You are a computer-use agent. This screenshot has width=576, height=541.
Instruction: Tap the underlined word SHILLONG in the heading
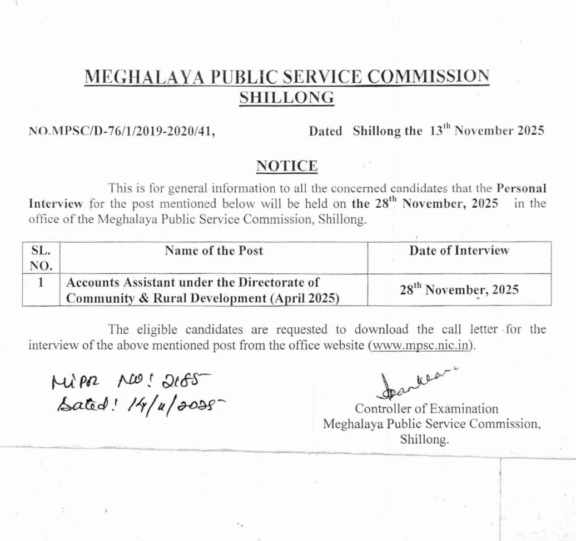tap(286, 97)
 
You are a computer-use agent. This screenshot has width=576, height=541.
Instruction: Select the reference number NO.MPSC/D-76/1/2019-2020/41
tap(122, 132)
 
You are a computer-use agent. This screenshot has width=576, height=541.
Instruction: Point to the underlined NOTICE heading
tap(287, 166)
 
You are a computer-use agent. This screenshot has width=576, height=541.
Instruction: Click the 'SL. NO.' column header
tap(41, 257)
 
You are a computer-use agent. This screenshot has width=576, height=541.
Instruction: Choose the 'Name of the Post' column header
tap(214, 251)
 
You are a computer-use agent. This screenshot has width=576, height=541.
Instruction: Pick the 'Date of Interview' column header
tap(459, 251)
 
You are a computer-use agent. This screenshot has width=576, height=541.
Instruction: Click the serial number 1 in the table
tap(41, 282)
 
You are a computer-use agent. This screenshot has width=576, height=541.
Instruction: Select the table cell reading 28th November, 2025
tap(459, 289)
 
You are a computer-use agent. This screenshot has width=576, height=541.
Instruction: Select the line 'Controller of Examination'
tap(426, 409)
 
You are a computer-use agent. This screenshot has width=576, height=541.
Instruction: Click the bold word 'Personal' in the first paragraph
tap(521, 188)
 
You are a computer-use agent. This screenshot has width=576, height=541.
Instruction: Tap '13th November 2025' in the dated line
tap(486, 132)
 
